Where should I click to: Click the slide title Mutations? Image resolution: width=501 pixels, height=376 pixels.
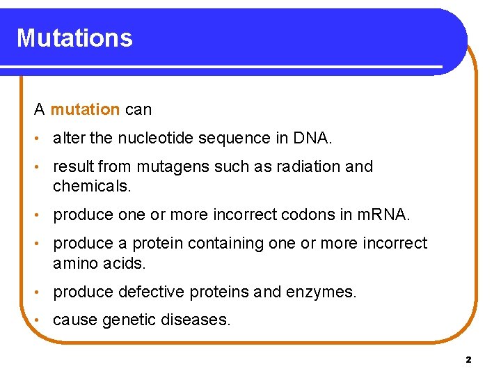point(74,38)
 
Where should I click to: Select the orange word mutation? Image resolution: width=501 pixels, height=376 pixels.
point(85,109)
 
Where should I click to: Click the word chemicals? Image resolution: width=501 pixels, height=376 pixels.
point(91,187)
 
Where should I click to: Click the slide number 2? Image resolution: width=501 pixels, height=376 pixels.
point(468,360)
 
